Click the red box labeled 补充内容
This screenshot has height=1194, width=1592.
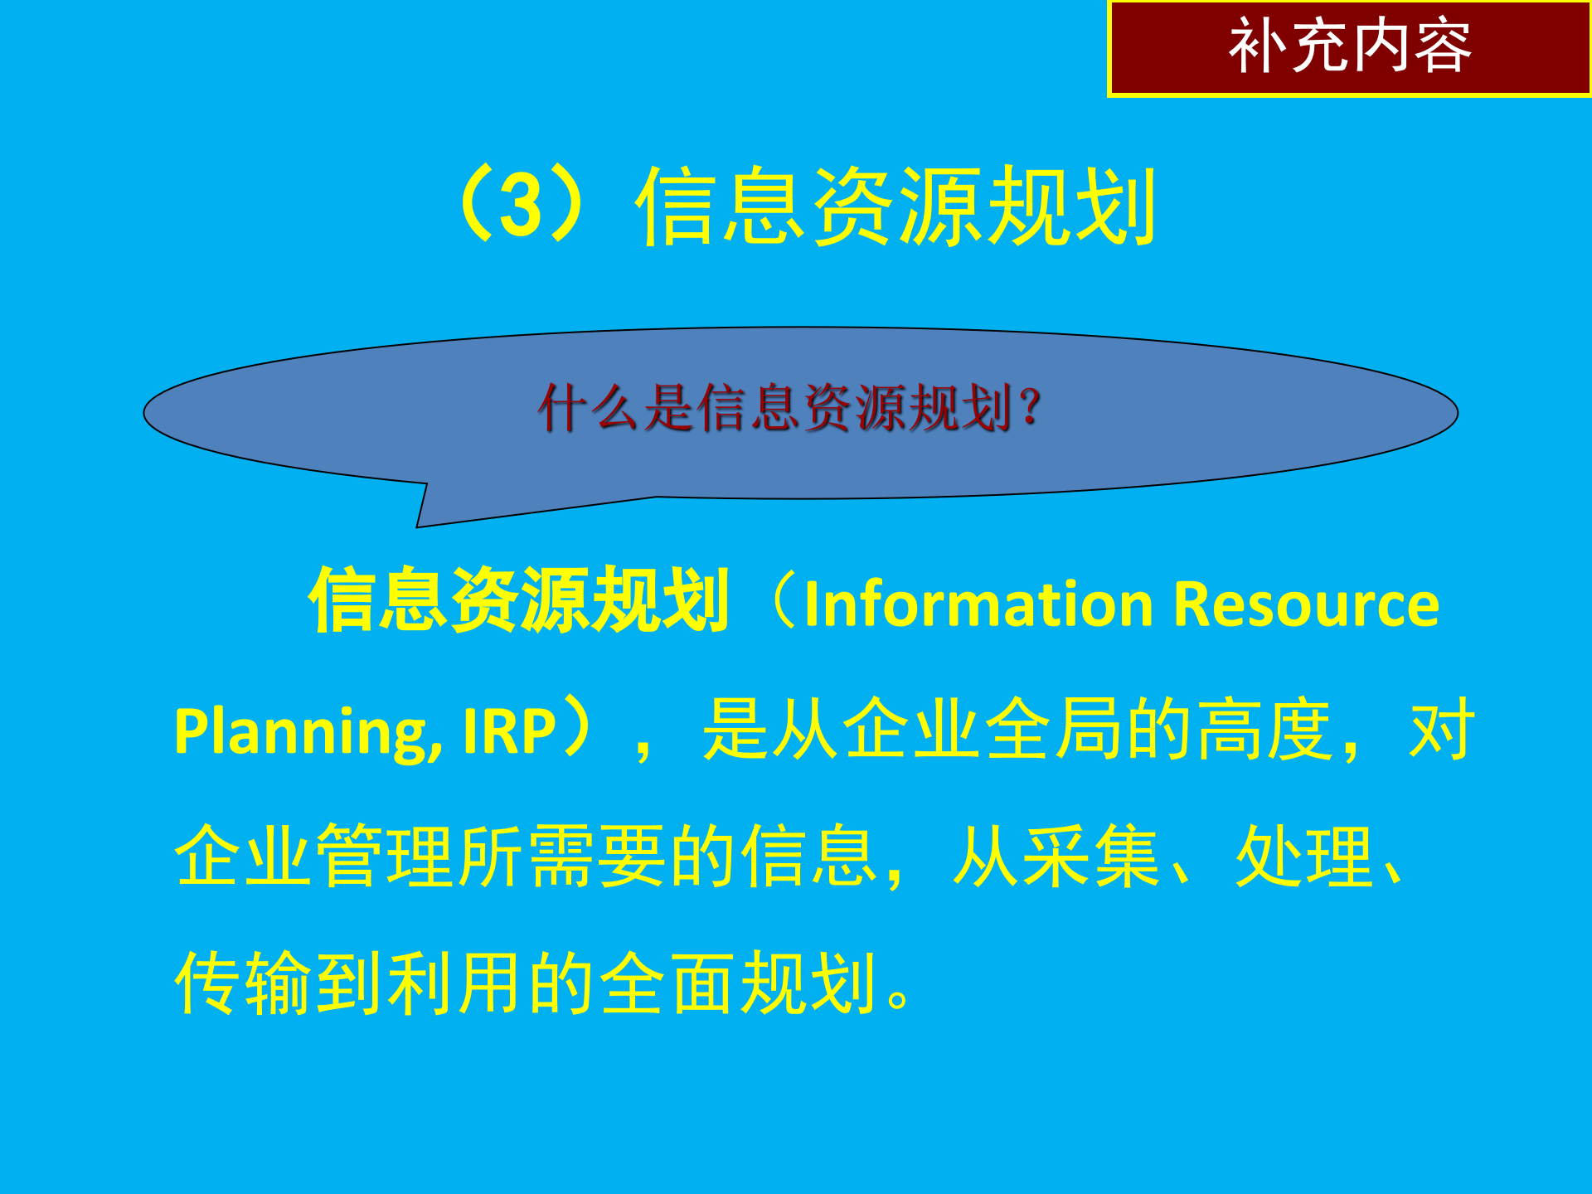[1349, 48]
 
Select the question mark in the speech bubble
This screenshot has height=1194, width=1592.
[1031, 408]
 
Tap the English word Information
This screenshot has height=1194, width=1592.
[978, 604]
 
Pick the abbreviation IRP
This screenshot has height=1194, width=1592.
[508, 732]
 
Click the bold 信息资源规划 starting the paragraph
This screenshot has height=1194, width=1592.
[518, 601]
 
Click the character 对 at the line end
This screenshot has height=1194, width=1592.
[1441, 730]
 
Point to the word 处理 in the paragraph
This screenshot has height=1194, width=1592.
[1304, 857]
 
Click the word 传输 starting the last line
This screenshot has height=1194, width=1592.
[243, 983]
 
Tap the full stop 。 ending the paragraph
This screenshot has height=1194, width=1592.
[898, 995]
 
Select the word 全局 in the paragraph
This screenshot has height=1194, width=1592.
[1055, 730]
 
